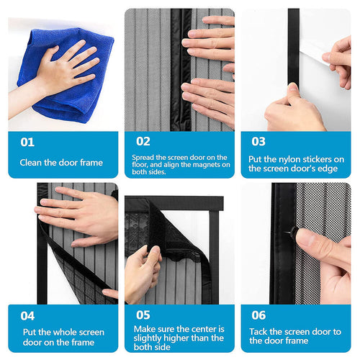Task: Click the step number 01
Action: (27, 143)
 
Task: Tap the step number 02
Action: (143, 142)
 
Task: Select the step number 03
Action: (258, 142)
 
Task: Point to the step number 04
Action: (27, 315)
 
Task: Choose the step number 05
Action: (143, 315)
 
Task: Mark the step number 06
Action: (258, 315)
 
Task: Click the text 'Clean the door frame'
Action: (60, 163)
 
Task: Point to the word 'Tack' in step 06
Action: (261, 331)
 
